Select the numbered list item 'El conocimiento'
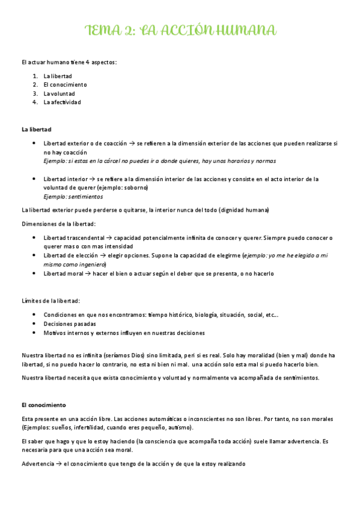pyautogui.click(x=65, y=85)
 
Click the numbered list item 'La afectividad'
pyautogui.click(x=62, y=102)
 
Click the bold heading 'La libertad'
pyautogui.click(x=36, y=129)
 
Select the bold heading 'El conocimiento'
pyautogui.click(x=44, y=405)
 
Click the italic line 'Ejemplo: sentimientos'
pyautogui.click(x=73, y=197)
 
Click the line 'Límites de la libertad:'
pyautogui.click(x=51, y=300)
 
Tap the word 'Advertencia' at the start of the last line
pyautogui.click(x=37, y=464)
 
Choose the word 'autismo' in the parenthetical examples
pyautogui.click(x=179, y=428)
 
